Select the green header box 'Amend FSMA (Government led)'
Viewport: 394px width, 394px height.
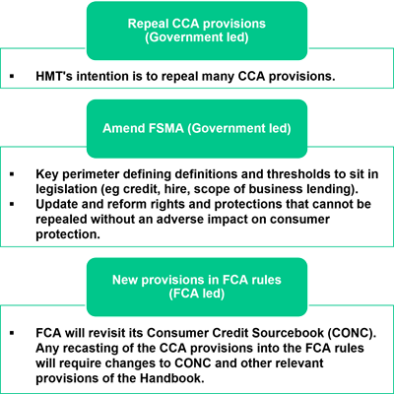[197, 129]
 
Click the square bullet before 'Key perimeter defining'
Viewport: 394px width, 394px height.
[12, 173]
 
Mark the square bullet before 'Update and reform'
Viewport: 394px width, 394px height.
[12, 204]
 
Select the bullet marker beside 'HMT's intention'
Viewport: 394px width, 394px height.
[12, 76]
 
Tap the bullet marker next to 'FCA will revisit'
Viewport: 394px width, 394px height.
[12, 333]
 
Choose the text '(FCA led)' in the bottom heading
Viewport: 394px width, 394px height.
[197, 294]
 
